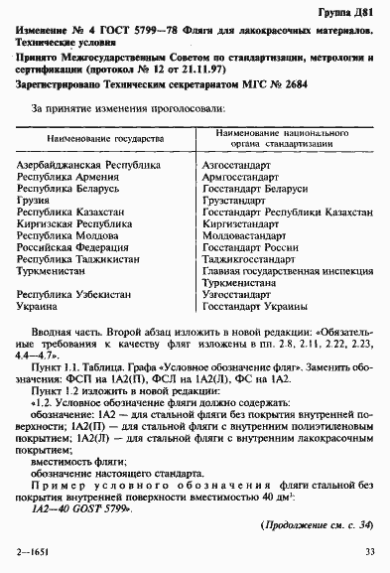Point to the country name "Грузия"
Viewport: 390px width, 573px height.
click(x=39, y=200)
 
